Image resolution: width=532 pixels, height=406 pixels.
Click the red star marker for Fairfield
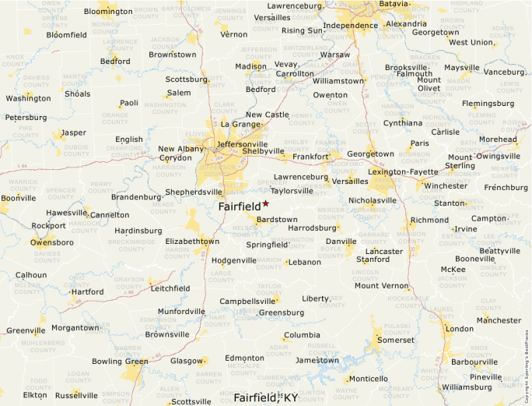click(x=266, y=203)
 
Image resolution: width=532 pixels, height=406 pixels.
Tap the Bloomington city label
click(x=108, y=12)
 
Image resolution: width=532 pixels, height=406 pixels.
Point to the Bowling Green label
click(x=119, y=362)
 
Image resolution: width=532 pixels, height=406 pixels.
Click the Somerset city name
click(x=395, y=341)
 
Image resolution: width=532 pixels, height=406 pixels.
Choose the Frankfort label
click(x=310, y=157)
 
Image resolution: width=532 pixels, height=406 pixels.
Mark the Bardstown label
click(x=276, y=220)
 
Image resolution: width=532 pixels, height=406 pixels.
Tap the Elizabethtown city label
click(x=192, y=242)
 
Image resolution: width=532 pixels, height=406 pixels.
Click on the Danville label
click(x=341, y=242)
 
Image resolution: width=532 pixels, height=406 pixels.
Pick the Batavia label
click(x=393, y=4)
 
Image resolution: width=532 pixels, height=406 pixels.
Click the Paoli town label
click(x=128, y=103)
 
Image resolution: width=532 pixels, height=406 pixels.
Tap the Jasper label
click(x=74, y=132)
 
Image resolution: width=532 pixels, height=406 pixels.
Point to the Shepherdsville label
click(x=195, y=192)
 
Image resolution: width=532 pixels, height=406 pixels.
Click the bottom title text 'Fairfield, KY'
click(x=265, y=397)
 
